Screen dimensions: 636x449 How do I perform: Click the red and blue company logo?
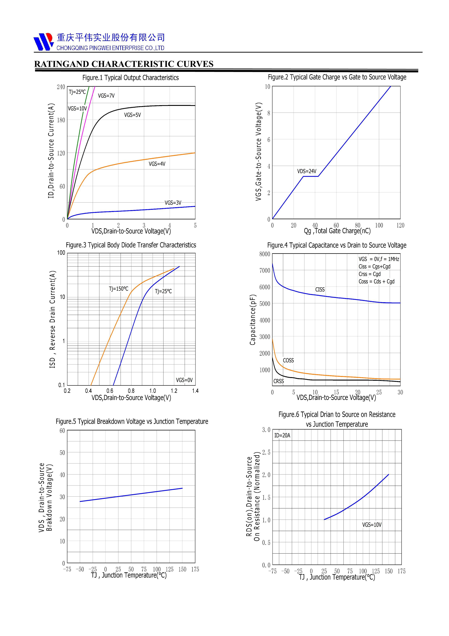click(43, 42)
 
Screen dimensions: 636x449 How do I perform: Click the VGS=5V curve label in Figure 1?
click(132, 115)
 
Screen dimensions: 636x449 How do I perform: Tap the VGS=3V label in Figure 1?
click(173, 203)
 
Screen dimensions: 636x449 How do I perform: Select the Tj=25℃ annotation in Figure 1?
click(77, 92)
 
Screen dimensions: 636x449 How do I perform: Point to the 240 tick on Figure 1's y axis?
click(61, 87)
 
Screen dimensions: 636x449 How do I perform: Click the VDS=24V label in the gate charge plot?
click(307, 171)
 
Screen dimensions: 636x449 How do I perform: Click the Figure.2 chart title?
click(337, 77)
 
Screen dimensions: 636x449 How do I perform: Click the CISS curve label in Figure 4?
click(320, 290)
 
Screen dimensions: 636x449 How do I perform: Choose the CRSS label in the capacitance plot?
click(279, 381)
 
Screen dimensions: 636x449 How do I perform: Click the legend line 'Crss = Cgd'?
click(369, 274)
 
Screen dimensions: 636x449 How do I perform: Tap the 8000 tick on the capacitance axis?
click(265, 254)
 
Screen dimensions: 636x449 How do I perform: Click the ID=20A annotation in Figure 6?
click(282, 435)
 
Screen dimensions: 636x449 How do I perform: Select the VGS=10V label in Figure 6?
click(372, 525)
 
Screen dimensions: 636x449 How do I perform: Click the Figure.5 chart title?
click(132, 421)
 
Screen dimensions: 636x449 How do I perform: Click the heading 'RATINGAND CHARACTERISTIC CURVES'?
click(124, 64)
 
